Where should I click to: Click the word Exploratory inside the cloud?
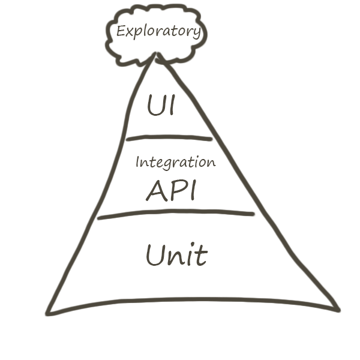coord(158,31)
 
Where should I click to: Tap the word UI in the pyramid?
coord(161,106)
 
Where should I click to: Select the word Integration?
coord(175,162)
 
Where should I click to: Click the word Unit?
coord(176,256)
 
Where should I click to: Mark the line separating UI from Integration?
coord(169,138)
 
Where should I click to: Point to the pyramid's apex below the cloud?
coord(158,56)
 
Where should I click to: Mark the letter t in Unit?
coord(200,256)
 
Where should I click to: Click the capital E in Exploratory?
coord(121,31)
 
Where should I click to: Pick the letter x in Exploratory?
coord(130,32)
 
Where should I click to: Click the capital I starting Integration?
coord(137,162)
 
